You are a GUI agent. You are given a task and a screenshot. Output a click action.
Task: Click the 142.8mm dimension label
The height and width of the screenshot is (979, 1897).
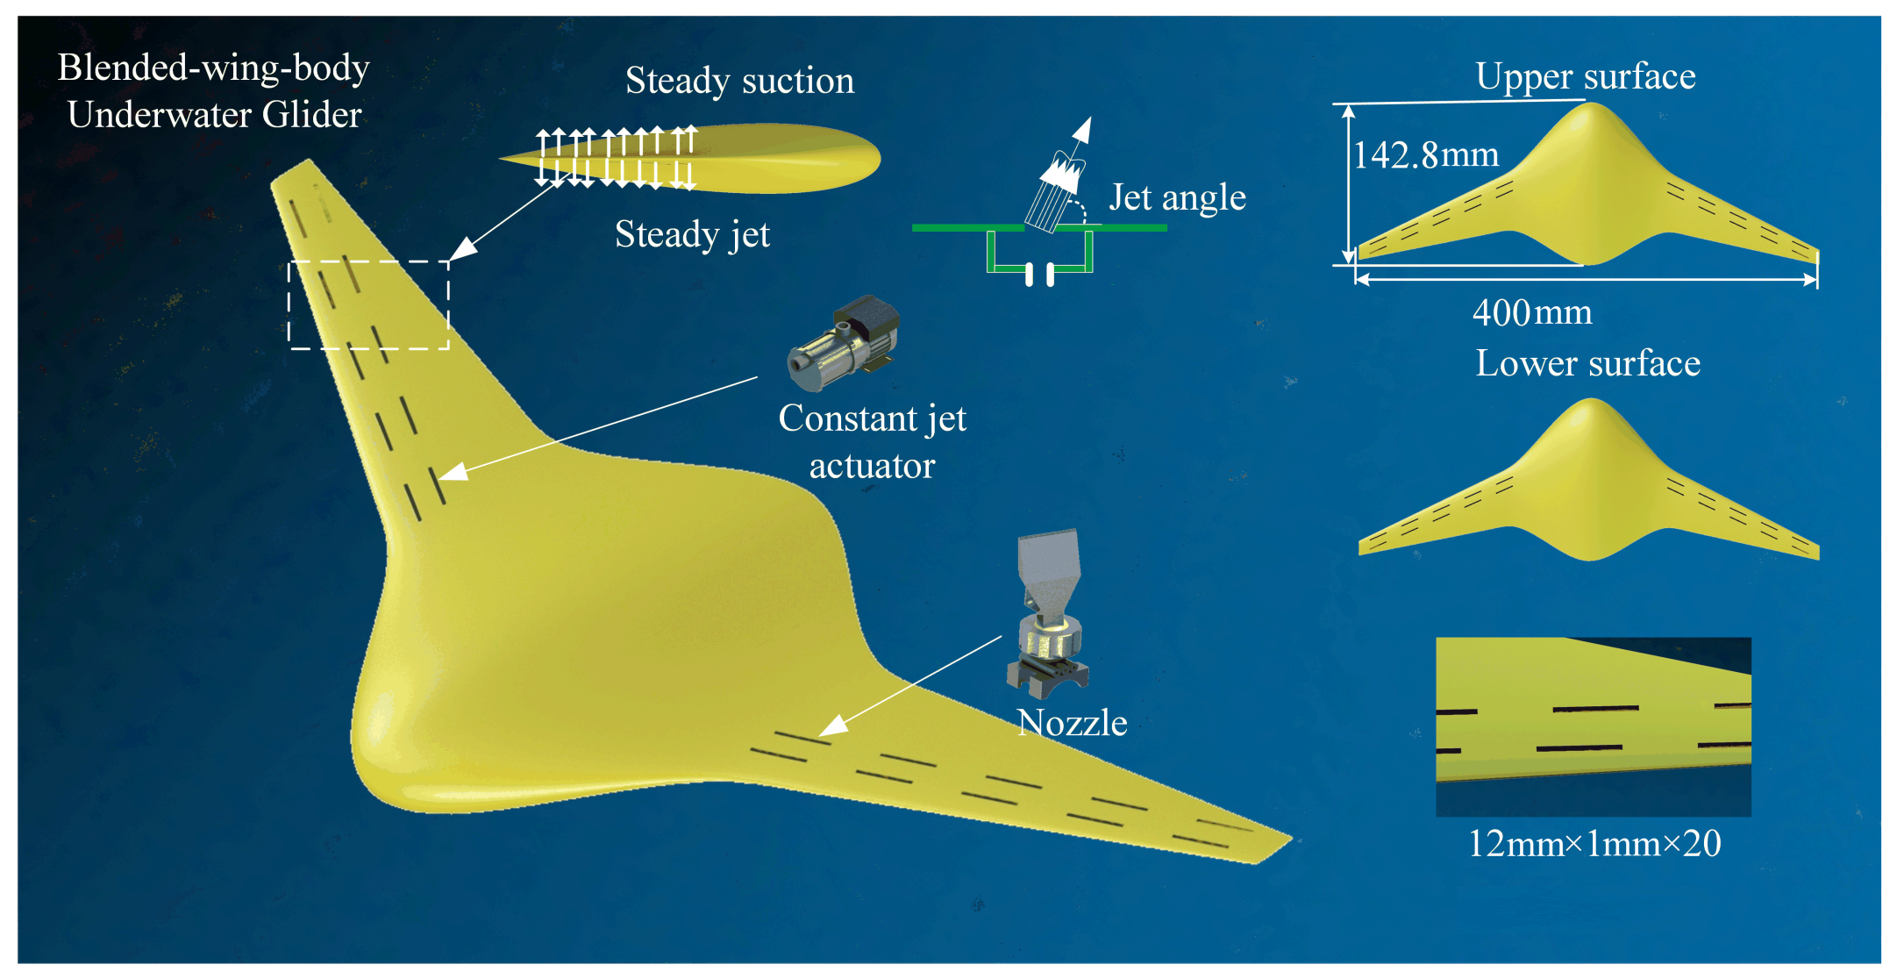[x=1426, y=155]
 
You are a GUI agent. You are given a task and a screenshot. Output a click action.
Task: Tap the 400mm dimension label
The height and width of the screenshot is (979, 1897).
[x=1532, y=312]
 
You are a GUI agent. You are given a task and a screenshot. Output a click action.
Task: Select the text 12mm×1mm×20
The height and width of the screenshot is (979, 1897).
[x=1594, y=844]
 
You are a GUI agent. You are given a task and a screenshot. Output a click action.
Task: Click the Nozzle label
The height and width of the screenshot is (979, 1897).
[x=1072, y=723]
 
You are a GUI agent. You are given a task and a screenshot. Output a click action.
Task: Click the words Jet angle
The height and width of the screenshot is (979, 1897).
[x=1177, y=197]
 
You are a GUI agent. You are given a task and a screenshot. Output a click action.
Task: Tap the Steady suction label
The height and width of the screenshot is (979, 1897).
[x=739, y=81]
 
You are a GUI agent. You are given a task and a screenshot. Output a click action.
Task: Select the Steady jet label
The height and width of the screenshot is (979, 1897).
[x=692, y=234]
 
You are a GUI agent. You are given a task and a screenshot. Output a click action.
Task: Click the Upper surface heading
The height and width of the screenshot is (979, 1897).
[x=1586, y=76]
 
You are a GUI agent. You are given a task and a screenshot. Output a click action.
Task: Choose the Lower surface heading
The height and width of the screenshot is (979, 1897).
[x=1587, y=363]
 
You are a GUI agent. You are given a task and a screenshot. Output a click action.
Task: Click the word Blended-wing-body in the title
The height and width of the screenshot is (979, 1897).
[x=213, y=68]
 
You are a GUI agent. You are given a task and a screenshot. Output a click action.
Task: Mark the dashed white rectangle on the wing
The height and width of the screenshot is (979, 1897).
[x=368, y=305]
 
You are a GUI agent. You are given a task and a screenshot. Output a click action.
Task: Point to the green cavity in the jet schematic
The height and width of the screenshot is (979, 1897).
[x=1040, y=254]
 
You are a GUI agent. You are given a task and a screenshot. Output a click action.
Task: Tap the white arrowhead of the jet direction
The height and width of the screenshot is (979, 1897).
[x=1084, y=130]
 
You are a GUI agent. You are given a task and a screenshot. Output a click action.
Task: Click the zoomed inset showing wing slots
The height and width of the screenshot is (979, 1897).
[x=1593, y=726]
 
